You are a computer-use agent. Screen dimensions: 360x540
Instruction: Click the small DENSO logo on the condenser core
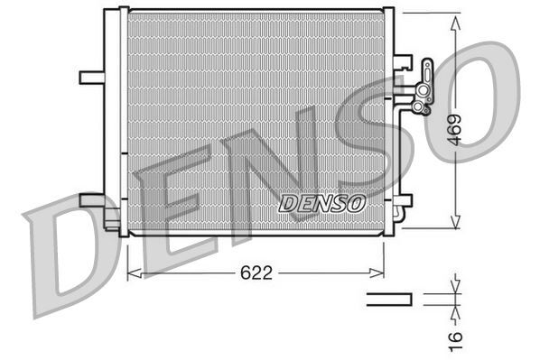coord(321,204)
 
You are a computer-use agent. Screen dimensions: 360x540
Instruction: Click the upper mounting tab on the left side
coord(91,77)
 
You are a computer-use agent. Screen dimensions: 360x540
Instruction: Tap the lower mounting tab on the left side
coord(91,199)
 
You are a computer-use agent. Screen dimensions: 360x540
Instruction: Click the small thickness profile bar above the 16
coord(388,299)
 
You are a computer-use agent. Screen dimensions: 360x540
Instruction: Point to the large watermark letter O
coord(470,90)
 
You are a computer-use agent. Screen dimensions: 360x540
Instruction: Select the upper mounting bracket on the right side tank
coord(404,63)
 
